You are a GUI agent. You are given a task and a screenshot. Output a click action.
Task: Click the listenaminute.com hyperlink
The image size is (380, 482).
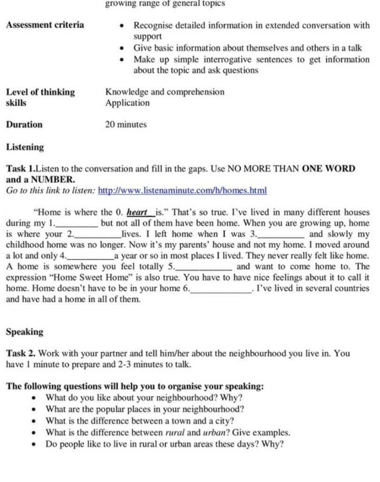[182, 191]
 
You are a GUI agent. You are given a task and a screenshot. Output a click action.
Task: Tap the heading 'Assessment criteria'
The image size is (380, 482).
[45, 25]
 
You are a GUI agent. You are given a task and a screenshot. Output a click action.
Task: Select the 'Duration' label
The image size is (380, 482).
[24, 125]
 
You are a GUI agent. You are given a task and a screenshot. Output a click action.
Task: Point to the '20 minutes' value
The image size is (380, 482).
[126, 125]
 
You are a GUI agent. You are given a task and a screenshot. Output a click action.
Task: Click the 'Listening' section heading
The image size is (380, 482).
[25, 147]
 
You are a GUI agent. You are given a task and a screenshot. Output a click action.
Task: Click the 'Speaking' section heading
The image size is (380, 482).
[24, 332]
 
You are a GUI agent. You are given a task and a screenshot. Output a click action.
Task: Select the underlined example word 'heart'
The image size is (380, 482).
[137, 213]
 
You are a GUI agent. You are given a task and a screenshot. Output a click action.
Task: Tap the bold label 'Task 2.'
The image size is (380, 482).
[21, 353]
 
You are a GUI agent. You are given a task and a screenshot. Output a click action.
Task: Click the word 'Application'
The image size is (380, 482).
[127, 103]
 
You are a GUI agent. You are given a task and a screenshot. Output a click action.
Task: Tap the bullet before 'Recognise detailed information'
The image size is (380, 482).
[122, 26]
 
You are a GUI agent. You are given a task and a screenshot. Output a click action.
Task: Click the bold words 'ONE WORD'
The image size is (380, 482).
[328, 169]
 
